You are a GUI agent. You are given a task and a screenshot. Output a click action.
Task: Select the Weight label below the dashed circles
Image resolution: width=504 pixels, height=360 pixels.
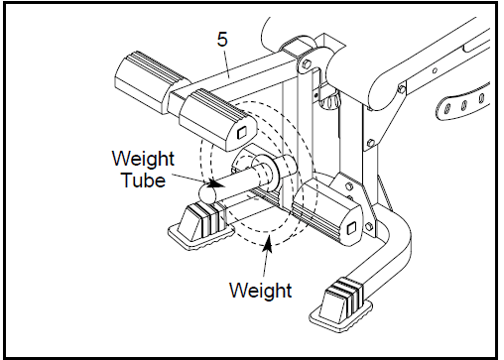[260, 291]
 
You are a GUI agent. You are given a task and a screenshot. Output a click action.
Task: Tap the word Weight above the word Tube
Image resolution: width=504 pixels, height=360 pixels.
[143, 160]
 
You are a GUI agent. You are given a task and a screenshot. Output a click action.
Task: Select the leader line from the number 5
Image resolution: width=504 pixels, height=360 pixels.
[224, 61]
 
